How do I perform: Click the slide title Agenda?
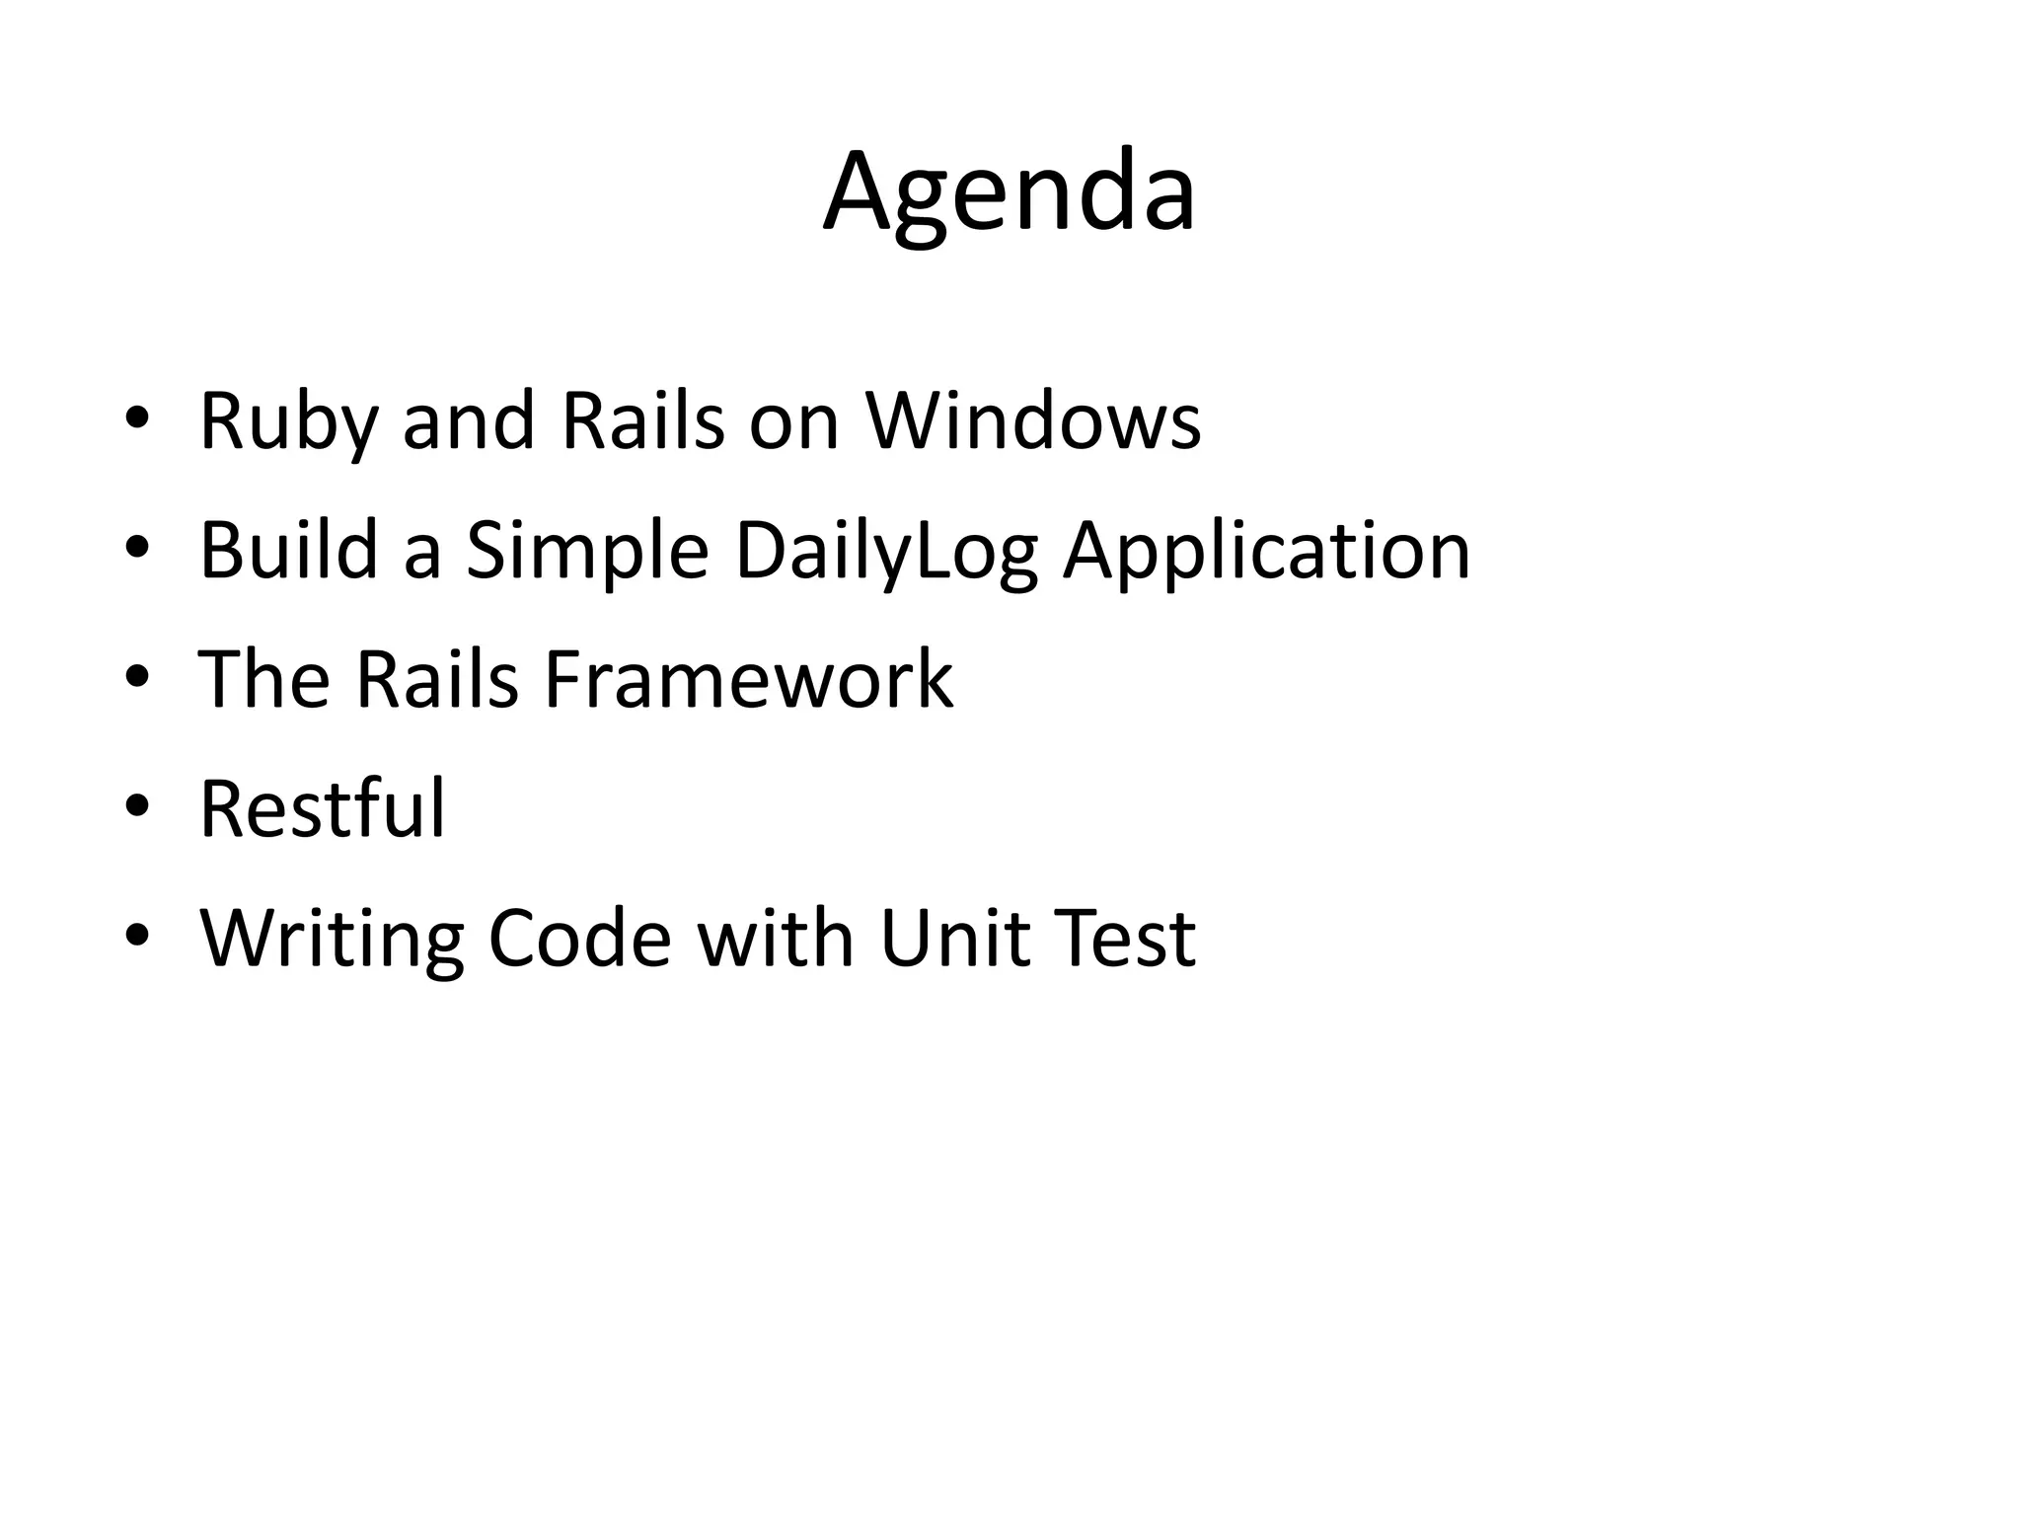coord(1010,192)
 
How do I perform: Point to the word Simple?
coord(587,552)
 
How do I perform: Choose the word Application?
coord(1266,552)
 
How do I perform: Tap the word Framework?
coord(748,679)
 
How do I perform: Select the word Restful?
coord(322,808)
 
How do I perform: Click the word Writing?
coord(332,940)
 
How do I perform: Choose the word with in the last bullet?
coord(775,938)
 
